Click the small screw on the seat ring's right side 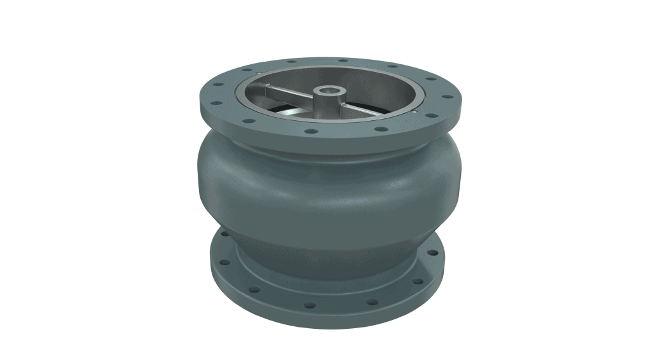click(414, 112)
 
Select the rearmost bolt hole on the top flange click(343, 61)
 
